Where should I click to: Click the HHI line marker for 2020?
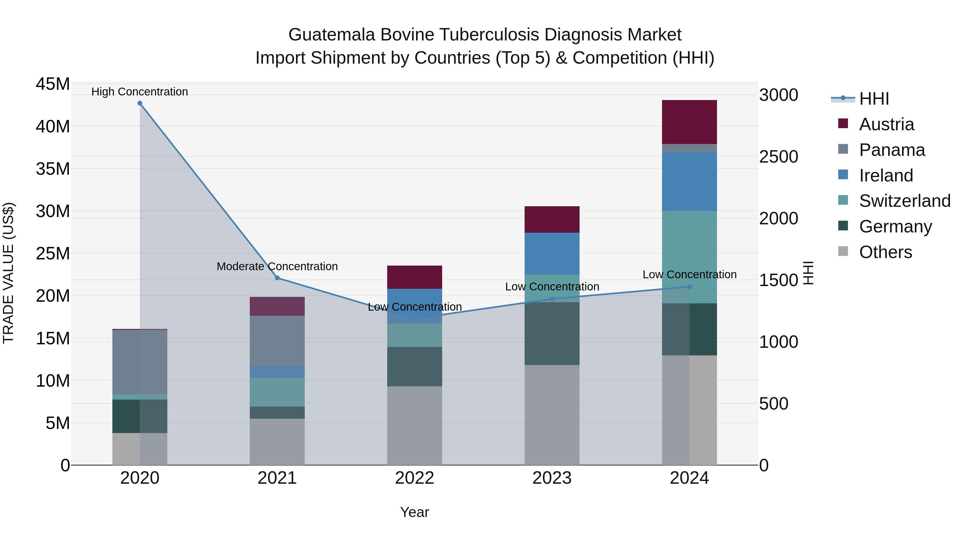[x=140, y=103]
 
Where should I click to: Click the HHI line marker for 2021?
[x=277, y=278]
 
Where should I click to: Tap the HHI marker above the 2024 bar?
[x=690, y=287]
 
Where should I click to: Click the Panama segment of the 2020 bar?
[x=140, y=362]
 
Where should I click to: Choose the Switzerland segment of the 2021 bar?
[x=277, y=392]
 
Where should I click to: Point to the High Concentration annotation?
[x=140, y=92]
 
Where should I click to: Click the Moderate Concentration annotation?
[x=277, y=266]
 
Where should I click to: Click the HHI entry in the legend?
[x=874, y=99]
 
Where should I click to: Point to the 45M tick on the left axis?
[x=53, y=84]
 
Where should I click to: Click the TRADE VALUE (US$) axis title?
[x=9, y=273]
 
